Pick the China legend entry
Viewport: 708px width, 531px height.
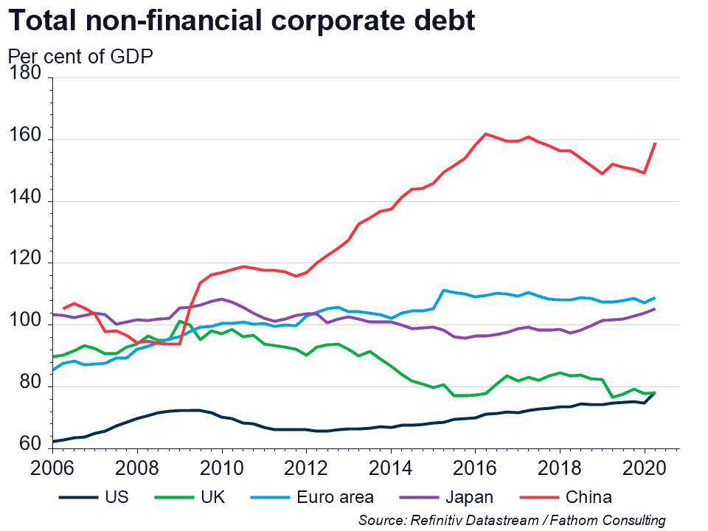click(x=588, y=497)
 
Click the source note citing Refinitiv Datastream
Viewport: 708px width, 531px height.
click(x=512, y=521)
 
